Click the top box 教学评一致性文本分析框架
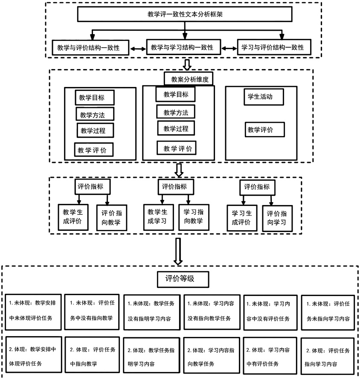[185, 14]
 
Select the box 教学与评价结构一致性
[90, 47]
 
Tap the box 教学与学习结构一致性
[183, 47]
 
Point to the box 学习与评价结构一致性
[274, 47]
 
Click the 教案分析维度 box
[189, 79]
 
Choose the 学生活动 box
[264, 97]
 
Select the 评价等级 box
[183, 279]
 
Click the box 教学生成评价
[73, 217]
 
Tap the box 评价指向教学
[111, 218]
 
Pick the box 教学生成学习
[158, 217]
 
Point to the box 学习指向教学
[194, 217]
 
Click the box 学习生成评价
[242, 218]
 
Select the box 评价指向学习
[277, 218]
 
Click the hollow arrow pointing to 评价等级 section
[178, 251]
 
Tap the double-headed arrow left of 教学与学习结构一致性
[138, 49]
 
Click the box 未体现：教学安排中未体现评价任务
[33, 312]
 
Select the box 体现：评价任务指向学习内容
[327, 356]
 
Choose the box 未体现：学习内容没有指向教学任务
[212, 312]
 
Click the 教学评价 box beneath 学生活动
[264, 130]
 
